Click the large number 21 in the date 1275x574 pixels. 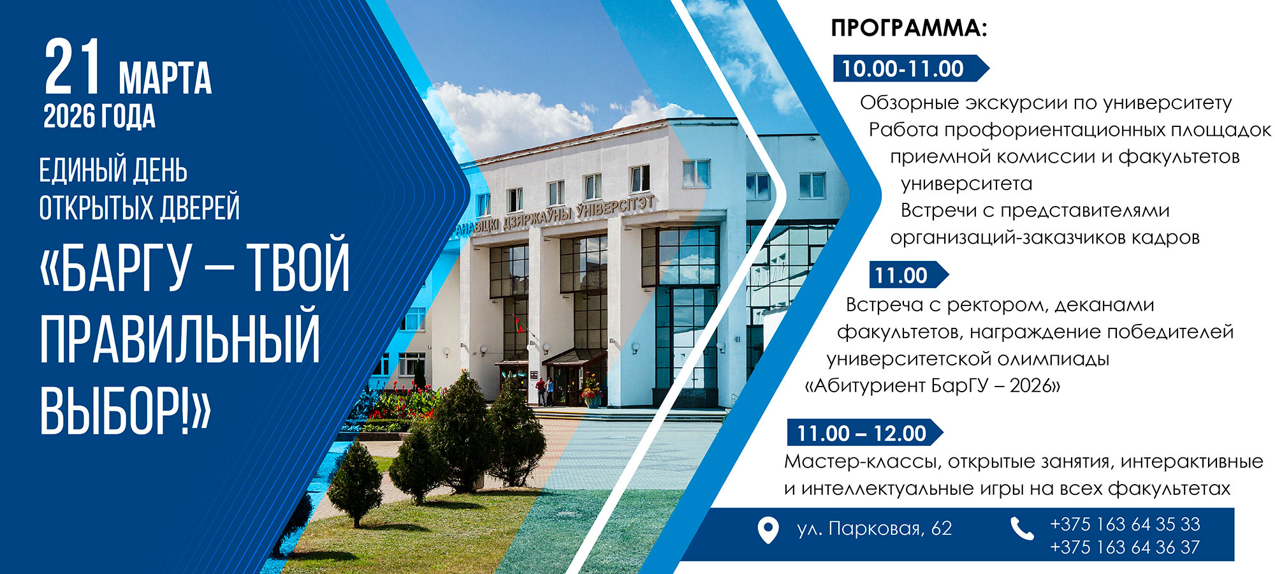click(73, 67)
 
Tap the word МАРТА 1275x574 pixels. click(165, 78)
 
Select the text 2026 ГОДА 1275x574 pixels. click(99, 117)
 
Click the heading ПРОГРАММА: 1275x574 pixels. click(909, 28)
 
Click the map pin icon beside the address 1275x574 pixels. click(768, 530)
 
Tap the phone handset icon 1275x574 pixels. click(1022, 529)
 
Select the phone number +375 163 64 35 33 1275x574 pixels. click(1125, 524)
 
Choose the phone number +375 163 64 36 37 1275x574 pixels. click(1125, 547)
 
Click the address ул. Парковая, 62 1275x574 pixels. click(874, 529)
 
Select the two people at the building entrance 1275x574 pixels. click(544, 391)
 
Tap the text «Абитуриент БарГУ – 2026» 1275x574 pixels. click(933, 386)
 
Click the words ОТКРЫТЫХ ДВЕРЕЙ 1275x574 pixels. click(140, 208)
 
